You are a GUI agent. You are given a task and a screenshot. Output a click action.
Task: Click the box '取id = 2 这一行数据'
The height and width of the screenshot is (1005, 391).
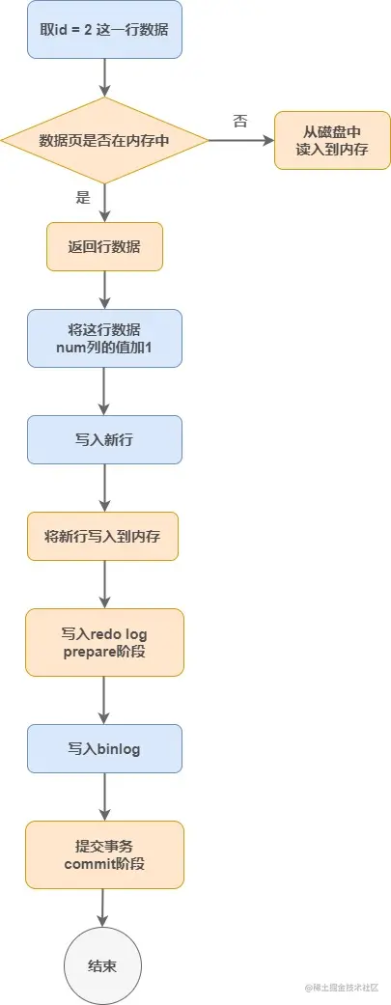pyautogui.click(x=104, y=30)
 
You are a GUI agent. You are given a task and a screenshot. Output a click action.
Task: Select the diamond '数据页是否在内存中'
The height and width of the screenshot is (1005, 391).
pyautogui.click(x=104, y=140)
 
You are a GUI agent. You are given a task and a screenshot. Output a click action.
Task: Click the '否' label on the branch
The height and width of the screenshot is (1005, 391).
pyautogui.click(x=240, y=121)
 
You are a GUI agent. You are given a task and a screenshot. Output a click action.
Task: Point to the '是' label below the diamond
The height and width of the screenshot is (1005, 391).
pyautogui.click(x=82, y=198)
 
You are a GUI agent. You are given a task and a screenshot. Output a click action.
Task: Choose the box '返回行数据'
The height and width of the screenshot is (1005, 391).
pyautogui.click(x=104, y=247)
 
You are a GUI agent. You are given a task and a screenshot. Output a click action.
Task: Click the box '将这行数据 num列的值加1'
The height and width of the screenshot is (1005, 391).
pyautogui.click(x=104, y=338)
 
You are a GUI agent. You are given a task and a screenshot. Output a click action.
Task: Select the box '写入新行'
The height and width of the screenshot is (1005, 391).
pyautogui.click(x=104, y=439)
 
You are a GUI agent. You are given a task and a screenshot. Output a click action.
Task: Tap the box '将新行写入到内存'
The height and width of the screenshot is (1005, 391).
pyautogui.click(x=104, y=536)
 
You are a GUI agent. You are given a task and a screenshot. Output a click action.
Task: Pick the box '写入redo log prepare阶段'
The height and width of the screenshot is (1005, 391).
pyautogui.click(x=104, y=642)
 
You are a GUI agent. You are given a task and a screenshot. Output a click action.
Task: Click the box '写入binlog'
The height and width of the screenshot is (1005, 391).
pyautogui.click(x=104, y=748)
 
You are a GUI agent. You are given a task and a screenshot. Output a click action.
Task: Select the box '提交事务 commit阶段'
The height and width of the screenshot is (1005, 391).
pyautogui.click(x=104, y=854)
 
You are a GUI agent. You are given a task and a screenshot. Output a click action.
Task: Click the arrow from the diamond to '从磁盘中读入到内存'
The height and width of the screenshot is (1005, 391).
pyautogui.click(x=241, y=140)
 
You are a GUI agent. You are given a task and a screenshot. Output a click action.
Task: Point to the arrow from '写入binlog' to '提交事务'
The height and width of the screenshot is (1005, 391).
pyautogui.click(x=104, y=796)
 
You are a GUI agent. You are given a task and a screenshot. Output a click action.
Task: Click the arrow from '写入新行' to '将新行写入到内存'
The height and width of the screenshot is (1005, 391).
pyautogui.click(x=104, y=488)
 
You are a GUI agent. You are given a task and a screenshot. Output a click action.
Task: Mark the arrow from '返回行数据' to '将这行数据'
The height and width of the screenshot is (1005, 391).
pyautogui.click(x=104, y=290)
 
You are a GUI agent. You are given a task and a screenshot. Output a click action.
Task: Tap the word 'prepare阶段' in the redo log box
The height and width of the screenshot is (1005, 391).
pyautogui.click(x=104, y=652)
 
